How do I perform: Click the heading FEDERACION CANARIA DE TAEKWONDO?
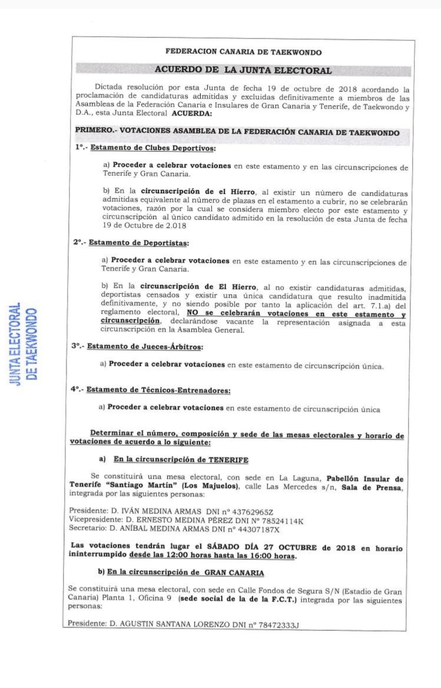(x=244, y=52)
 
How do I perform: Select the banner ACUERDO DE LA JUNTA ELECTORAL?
(x=243, y=71)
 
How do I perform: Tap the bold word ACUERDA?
(x=192, y=113)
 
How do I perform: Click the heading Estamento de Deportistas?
(x=139, y=243)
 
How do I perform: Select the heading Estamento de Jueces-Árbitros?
(x=145, y=347)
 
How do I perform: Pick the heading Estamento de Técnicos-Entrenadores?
(x=158, y=390)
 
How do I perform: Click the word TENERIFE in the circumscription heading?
(x=228, y=459)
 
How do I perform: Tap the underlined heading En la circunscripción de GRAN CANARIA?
(x=186, y=573)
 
